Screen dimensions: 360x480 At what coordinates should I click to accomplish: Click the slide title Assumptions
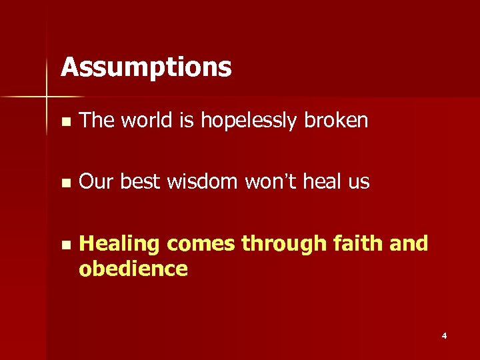tap(146, 67)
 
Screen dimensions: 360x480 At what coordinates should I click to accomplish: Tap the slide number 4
tap(444, 336)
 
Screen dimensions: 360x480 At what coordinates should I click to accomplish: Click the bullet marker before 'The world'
tap(63, 122)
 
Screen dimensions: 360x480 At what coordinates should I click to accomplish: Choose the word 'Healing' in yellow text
tap(119, 245)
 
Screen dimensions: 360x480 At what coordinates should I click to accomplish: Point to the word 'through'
tap(281, 245)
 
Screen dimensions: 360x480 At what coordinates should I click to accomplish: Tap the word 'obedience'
tap(133, 269)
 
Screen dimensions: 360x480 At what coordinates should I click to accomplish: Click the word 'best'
tap(138, 182)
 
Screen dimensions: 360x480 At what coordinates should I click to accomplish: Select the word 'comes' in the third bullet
tap(201, 245)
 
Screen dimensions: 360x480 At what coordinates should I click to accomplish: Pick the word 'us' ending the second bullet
tap(358, 182)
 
